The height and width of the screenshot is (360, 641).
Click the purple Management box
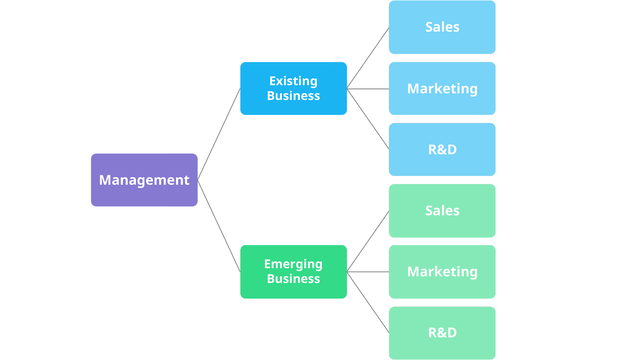pyautogui.click(x=144, y=180)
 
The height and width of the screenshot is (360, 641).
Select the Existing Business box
pyautogui.click(x=294, y=88)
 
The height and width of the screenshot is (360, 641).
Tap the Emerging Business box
pyautogui.click(x=294, y=272)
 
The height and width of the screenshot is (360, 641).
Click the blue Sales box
pyautogui.click(x=442, y=27)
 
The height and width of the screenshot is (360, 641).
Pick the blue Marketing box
pyautogui.click(x=442, y=89)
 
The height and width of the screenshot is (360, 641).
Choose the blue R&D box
pyautogui.click(x=442, y=150)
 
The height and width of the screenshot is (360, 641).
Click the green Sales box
pyautogui.click(x=442, y=211)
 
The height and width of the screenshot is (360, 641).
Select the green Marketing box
pyautogui.click(x=442, y=272)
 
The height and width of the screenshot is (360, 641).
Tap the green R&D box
pyautogui.click(x=442, y=333)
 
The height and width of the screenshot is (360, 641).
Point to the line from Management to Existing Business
pyautogui.click(x=219, y=134)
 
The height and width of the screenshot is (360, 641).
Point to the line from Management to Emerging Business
pyautogui.click(x=219, y=226)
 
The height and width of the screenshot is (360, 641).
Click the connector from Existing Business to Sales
pyautogui.click(x=368, y=58)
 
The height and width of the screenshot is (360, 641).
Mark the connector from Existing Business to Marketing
pyautogui.click(x=368, y=89)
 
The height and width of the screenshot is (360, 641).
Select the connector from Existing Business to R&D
pyautogui.click(x=368, y=119)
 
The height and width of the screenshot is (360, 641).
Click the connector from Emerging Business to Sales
pyautogui.click(x=368, y=241)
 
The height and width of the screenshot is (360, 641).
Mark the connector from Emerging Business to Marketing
pyautogui.click(x=368, y=272)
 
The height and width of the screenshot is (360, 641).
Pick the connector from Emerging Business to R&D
pyautogui.click(x=368, y=302)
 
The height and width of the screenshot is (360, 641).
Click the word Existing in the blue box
pyautogui.click(x=293, y=81)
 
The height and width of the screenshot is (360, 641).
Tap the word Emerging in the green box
pyautogui.click(x=293, y=264)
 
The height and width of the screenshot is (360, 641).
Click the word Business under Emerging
pyautogui.click(x=293, y=279)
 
